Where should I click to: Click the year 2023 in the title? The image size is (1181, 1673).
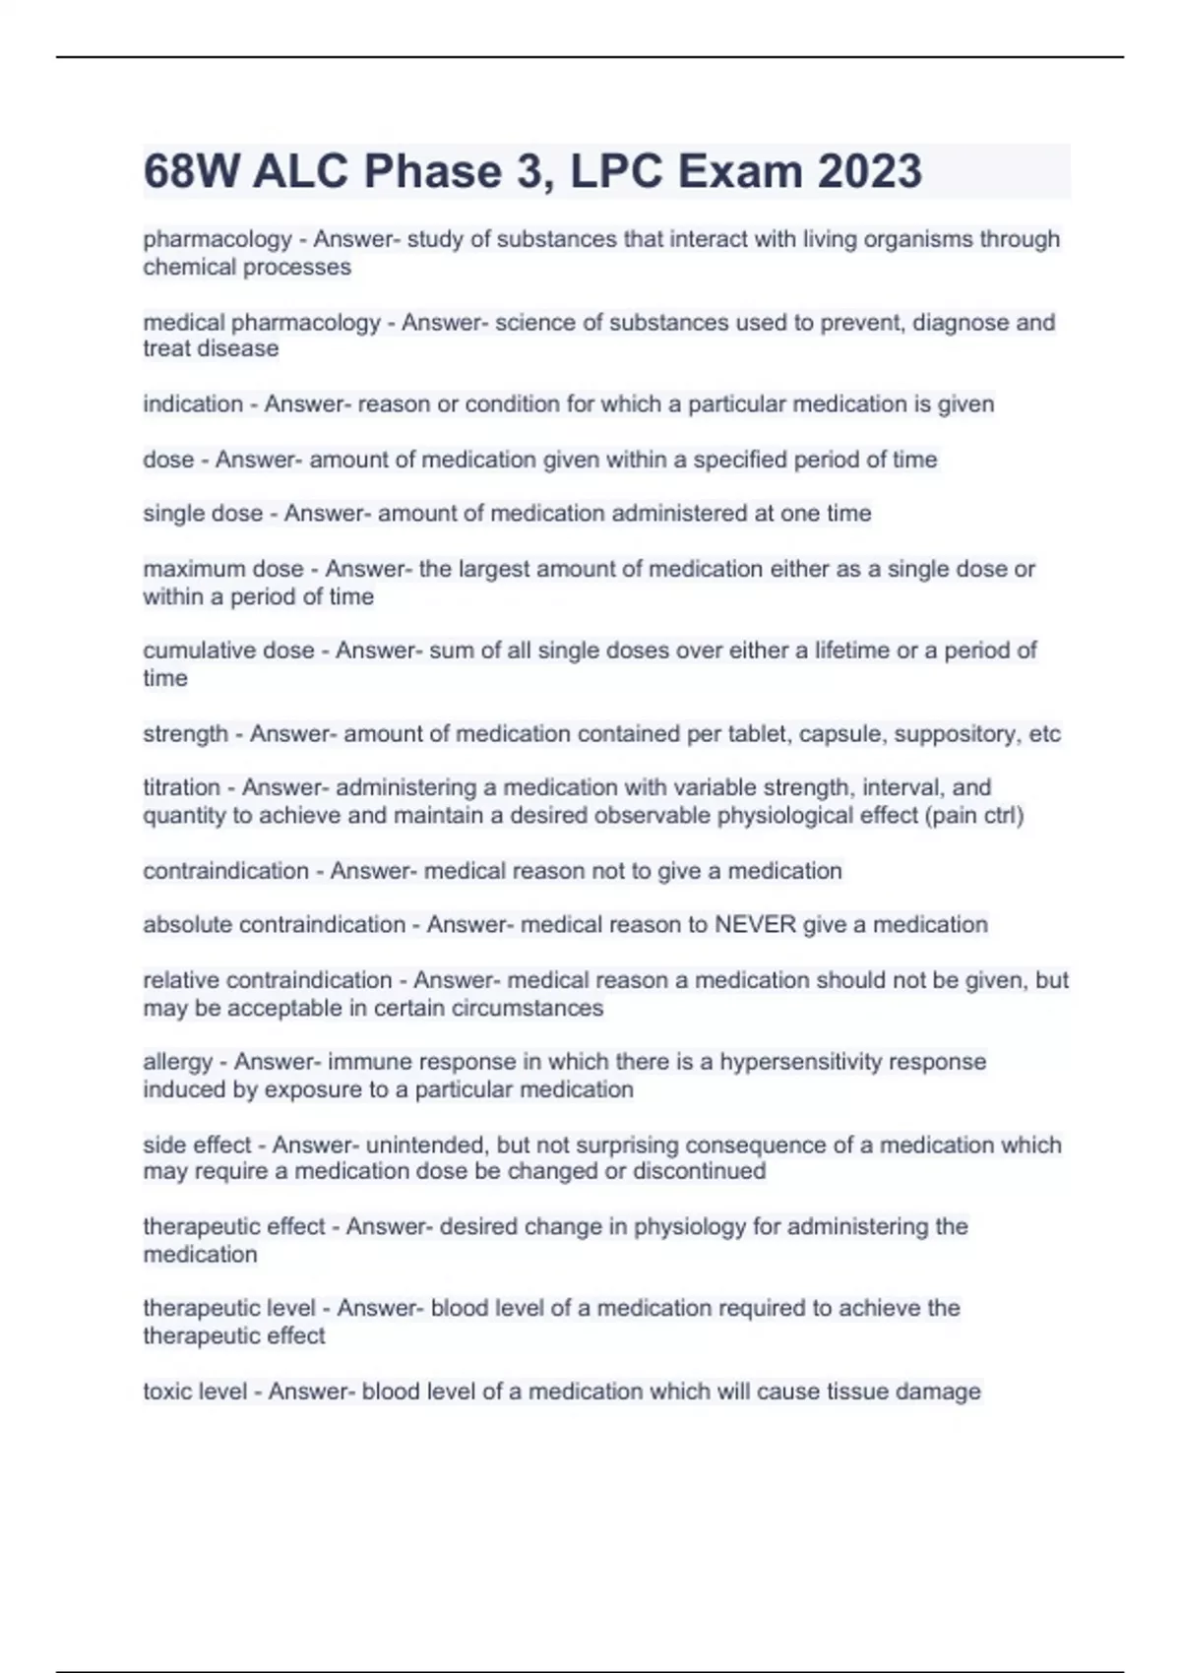869,171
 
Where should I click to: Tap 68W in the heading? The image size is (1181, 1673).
191,171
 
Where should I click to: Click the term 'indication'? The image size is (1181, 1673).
193,404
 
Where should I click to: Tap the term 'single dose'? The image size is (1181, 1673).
203,514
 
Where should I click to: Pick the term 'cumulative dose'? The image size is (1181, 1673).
228,651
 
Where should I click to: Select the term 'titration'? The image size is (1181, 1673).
181,787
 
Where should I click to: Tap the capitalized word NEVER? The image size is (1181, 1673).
755,925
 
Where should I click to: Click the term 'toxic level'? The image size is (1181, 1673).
195,1392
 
